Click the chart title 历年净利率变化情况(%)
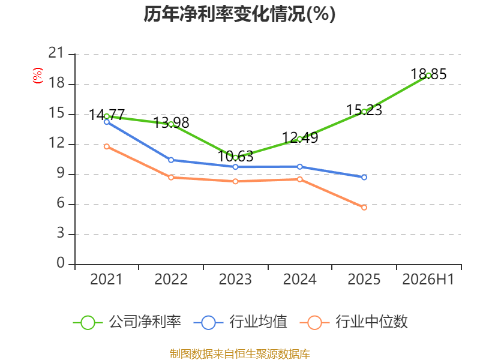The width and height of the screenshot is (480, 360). tap(239, 14)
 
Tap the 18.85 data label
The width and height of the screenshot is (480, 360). tap(428, 74)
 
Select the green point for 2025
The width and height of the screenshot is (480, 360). tap(364, 112)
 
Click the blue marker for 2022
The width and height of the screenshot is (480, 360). tap(171, 160)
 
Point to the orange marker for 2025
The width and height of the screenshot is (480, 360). tap(364, 208)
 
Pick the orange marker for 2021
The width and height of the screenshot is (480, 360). tap(107, 146)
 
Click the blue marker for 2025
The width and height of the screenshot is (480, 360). tap(364, 177)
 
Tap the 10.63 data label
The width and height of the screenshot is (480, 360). tap(235, 157)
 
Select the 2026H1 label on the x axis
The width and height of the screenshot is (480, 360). tap(428, 279)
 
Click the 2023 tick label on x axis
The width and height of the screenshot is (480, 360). tap(235, 279)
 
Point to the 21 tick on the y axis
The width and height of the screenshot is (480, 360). tap(56, 53)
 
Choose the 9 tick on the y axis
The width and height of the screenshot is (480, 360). tap(61, 173)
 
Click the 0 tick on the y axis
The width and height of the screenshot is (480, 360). tap(61, 263)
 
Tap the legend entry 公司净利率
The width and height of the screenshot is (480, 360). tap(127, 322)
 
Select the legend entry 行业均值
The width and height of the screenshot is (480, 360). tap(241, 322)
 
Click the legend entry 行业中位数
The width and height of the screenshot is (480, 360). tap(353, 322)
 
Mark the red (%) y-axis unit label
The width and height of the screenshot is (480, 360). tap(38, 76)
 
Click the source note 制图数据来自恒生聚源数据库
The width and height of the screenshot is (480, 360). tap(239, 354)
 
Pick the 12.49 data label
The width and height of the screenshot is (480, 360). tap(299, 138)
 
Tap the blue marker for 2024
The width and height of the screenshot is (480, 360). tap(299, 167)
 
